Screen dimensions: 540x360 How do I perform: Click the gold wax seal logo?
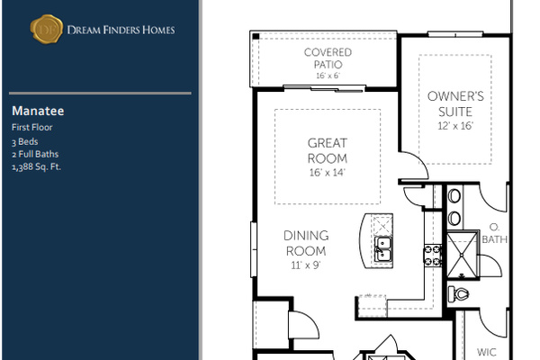47,30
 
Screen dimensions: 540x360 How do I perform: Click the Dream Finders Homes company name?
121,30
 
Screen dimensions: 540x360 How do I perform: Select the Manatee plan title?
38,111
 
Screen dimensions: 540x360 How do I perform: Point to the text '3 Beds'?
25,141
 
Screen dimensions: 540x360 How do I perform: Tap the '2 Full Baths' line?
35,154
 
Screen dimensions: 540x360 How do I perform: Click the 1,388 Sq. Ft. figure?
36,166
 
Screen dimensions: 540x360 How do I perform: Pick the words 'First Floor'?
32,127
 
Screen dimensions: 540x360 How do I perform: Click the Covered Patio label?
328,58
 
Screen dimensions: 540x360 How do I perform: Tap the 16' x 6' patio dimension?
328,76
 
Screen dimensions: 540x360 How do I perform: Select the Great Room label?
328,150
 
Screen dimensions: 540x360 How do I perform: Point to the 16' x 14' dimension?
328,172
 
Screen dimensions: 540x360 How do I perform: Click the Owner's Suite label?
455,103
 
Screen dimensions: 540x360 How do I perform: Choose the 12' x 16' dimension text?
455,126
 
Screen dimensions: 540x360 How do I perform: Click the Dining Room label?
306,243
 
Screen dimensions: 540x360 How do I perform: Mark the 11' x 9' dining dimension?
306,265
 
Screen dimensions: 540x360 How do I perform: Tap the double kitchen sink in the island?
383,249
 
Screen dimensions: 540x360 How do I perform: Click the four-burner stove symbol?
433,255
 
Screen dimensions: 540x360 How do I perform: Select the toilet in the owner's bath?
459,294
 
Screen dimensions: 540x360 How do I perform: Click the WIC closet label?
487,352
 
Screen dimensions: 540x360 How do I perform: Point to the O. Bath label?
494,233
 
